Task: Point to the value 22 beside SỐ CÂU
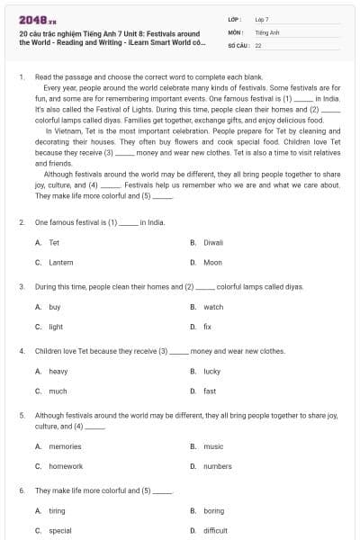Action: (258, 44)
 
